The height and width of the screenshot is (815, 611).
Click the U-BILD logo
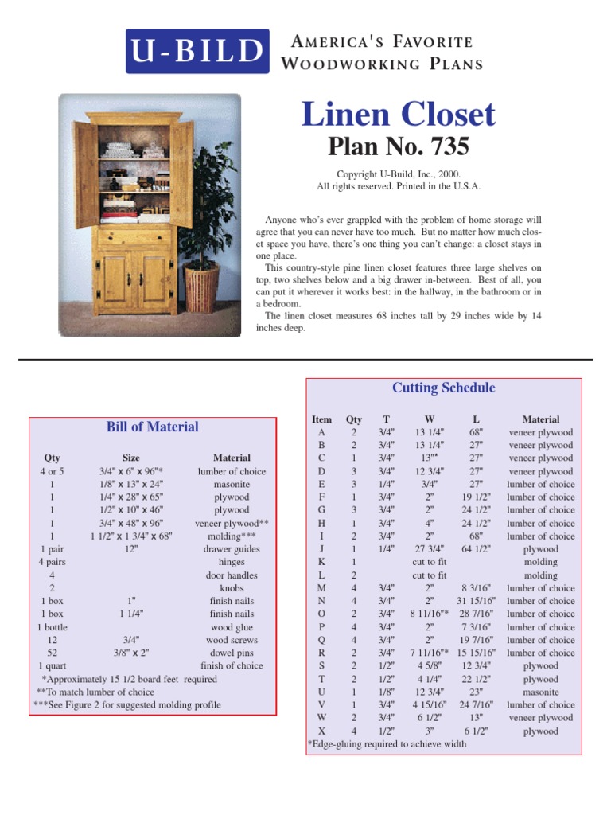coord(197,52)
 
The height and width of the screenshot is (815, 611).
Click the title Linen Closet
coord(398,115)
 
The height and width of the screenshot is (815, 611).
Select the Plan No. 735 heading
coord(399,147)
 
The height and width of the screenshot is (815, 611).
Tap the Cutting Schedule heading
coord(443,388)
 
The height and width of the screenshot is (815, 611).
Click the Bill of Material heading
coord(153,427)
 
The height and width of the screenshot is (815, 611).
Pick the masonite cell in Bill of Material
coord(232,484)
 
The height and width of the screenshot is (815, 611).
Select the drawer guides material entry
coord(232,549)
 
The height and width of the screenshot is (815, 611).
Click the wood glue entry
coord(232,627)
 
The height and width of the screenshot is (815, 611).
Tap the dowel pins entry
coord(232,653)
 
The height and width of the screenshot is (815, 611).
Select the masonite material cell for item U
coord(541,692)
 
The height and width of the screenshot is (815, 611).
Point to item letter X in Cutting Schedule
coord(321,731)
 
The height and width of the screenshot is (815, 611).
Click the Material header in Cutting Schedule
coord(541,419)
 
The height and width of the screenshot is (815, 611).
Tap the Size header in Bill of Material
coord(131,458)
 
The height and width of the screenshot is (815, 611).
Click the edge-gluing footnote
coord(387,744)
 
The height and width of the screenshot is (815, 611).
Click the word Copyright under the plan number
coord(355,174)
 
